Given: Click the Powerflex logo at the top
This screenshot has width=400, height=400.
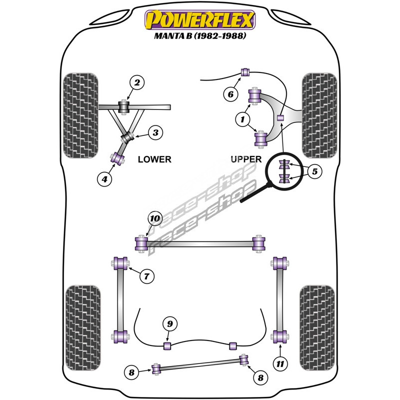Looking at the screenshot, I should coord(200,20).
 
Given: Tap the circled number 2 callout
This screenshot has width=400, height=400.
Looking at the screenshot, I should coord(136,82).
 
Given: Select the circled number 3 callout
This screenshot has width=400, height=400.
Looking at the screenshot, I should coord(155,132).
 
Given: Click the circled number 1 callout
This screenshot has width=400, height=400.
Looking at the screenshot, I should coord(243,119).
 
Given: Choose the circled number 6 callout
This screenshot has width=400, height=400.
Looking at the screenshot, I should coord(230,93).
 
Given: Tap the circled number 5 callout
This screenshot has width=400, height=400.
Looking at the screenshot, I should coord(314,172).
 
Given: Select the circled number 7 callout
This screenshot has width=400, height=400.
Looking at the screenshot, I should coord(147,275).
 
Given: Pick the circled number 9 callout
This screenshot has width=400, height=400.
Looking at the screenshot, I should coord(170,324).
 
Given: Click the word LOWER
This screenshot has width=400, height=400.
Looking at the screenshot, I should coord(154,159).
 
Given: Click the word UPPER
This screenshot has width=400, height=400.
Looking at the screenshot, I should coord(246,159).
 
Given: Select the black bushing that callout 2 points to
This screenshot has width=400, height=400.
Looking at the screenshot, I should coord(124,107).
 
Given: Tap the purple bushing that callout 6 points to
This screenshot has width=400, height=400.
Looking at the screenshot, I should coord(245,72).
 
